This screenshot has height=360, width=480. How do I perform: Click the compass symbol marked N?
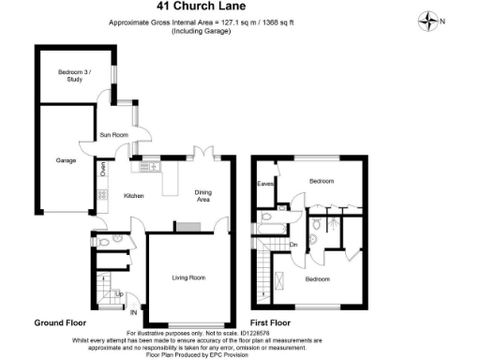[430, 19]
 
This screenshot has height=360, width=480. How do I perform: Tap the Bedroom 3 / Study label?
[69, 77]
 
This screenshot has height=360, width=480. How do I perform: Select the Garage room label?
[65, 160]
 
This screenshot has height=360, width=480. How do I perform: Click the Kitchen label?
[133, 195]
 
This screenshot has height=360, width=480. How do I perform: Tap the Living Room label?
[187, 277]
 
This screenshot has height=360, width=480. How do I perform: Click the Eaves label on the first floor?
[265, 184]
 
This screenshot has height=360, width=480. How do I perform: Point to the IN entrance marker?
[134, 311]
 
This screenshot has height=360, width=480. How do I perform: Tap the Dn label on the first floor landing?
[292, 246]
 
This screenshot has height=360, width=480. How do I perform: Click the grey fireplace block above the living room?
[188, 226]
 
